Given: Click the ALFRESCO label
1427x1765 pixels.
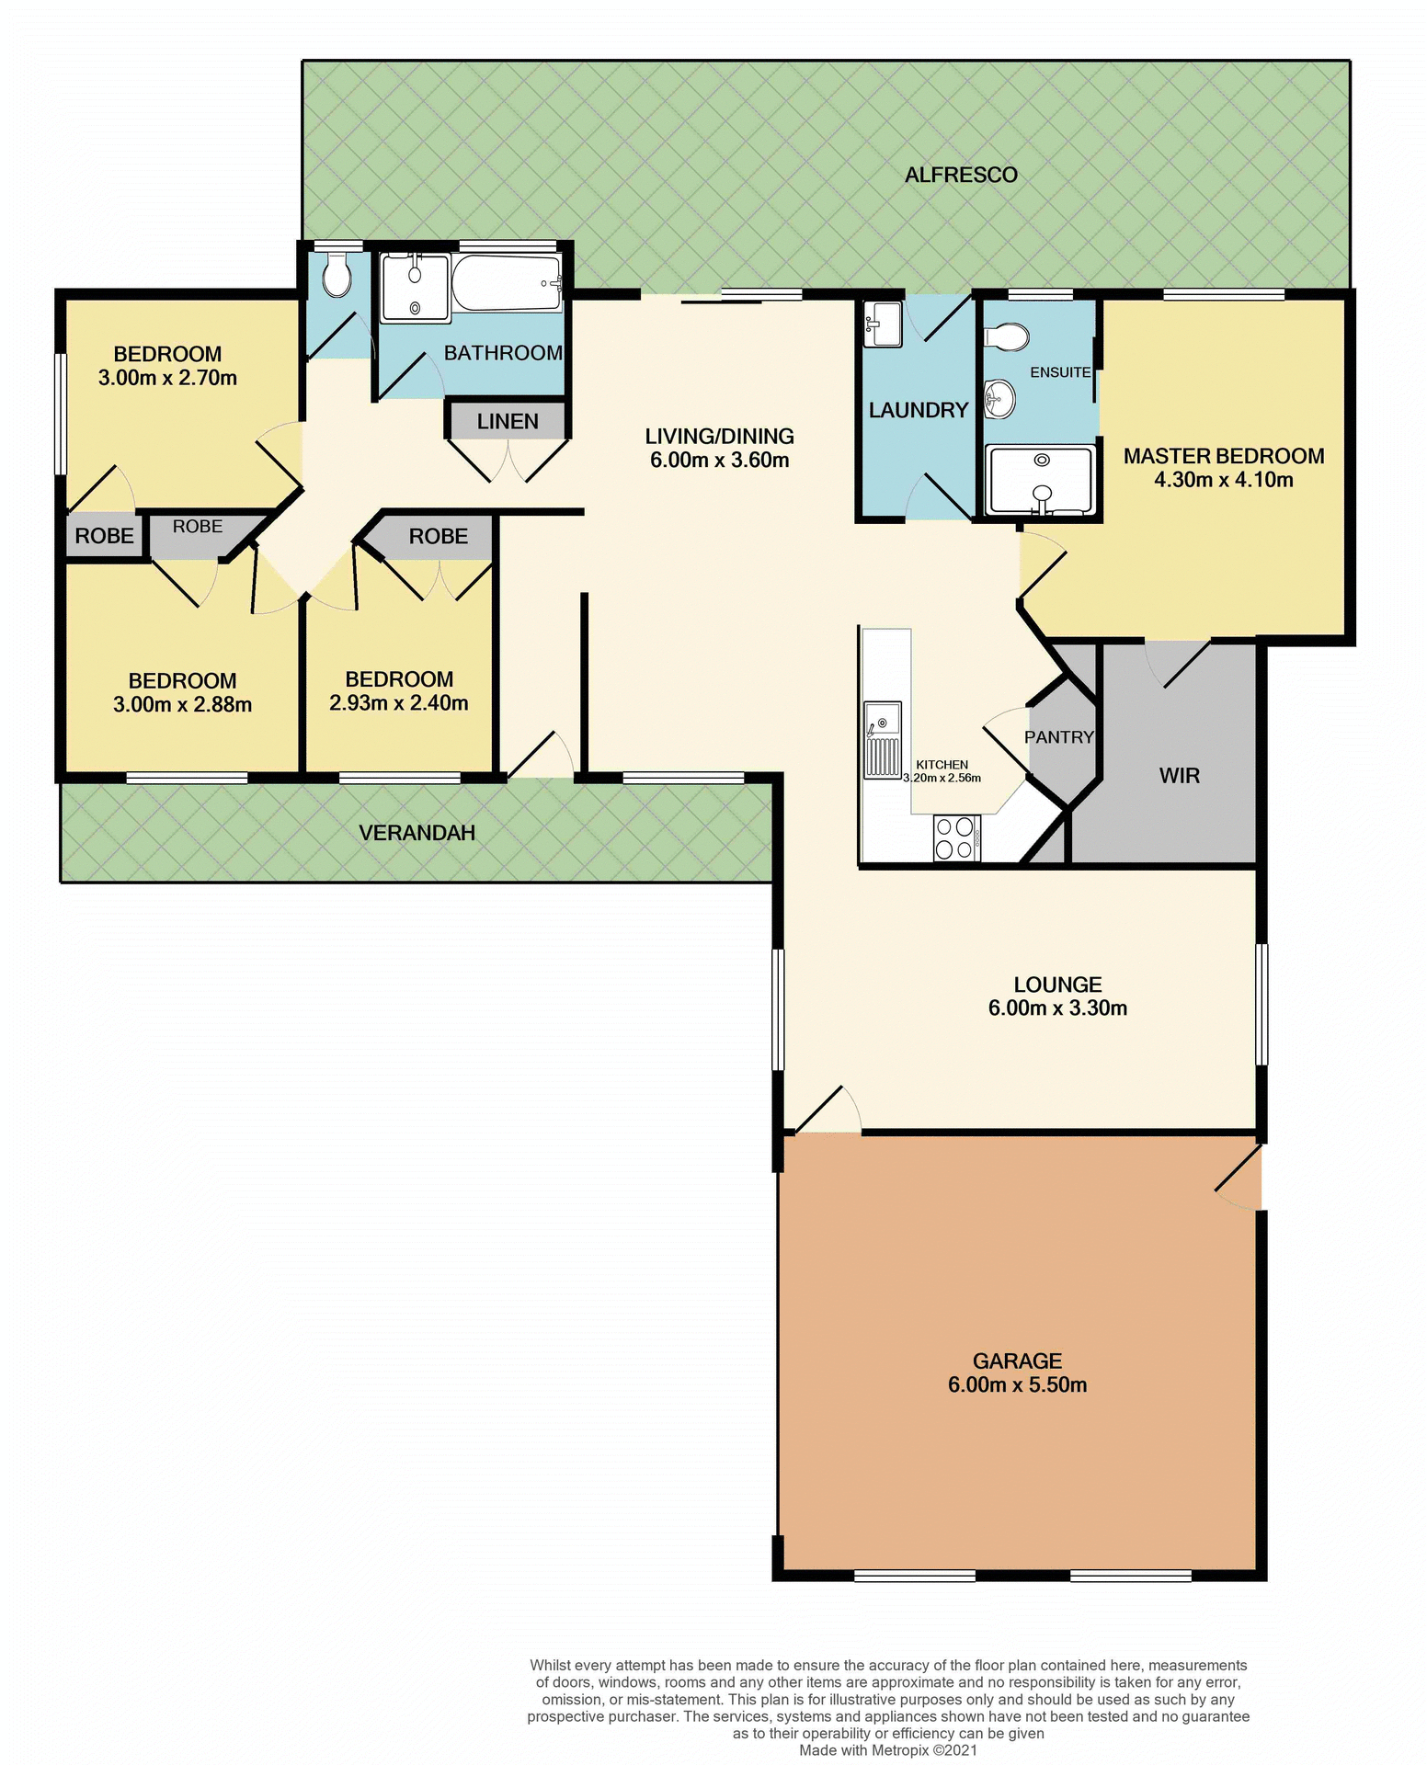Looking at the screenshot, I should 961,175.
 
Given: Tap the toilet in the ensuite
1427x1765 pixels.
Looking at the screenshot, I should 1007,337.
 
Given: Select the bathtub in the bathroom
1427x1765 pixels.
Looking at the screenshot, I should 506,283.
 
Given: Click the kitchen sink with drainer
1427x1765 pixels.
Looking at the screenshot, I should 882,740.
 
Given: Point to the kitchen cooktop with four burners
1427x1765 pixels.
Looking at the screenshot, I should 956,837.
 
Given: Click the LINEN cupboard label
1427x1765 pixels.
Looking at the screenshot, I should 508,422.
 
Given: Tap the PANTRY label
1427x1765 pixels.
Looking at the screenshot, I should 1058,737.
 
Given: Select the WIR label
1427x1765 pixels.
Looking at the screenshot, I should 1179,776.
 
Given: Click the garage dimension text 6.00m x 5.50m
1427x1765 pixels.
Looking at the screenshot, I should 1017,1385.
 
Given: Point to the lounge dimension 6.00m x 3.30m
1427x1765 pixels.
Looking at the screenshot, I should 1057,1008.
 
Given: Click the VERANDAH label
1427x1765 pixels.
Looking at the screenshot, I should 417,833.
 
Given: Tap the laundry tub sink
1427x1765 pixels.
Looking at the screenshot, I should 883,325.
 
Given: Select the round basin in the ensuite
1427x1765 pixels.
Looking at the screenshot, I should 999,398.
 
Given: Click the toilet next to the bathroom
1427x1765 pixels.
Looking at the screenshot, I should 337,276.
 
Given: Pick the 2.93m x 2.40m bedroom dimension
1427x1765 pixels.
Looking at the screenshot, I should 398,703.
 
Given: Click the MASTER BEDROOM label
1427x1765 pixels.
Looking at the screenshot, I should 1223,456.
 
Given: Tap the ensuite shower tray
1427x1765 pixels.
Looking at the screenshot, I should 1040,480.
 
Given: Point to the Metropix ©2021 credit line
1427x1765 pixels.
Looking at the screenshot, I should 887,1750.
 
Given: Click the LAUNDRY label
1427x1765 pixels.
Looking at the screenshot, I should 918,410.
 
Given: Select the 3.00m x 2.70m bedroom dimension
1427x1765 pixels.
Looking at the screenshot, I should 167,378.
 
